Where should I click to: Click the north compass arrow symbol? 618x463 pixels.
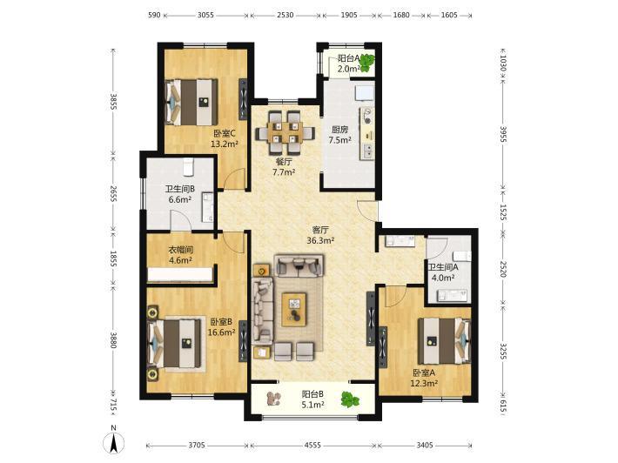[113, 442]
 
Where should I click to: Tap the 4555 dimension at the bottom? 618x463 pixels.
[313, 446]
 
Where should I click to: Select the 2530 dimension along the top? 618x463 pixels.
[285, 15]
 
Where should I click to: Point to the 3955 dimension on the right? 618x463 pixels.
[502, 135]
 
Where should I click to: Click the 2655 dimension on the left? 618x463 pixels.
[113, 194]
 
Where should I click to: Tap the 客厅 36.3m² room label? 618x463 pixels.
[320, 235]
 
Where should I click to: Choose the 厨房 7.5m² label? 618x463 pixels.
[339, 134]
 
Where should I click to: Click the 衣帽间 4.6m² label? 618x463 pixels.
[180, 254]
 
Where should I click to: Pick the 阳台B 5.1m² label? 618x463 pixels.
[313, 399]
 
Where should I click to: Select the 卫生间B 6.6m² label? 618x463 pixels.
[179, 194]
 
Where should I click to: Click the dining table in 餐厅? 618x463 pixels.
[285, 132]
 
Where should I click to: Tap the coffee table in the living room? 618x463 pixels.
[294, 309]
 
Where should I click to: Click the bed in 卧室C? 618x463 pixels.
[191, 103]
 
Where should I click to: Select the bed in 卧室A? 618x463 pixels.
[444, 341]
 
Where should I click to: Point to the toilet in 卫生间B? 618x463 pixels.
[189, 167]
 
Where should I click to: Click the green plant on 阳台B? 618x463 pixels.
[350, 399]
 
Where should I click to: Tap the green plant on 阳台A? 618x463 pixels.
[367, 63]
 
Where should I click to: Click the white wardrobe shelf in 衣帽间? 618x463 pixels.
[180, 275]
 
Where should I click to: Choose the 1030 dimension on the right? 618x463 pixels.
[502, 63]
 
